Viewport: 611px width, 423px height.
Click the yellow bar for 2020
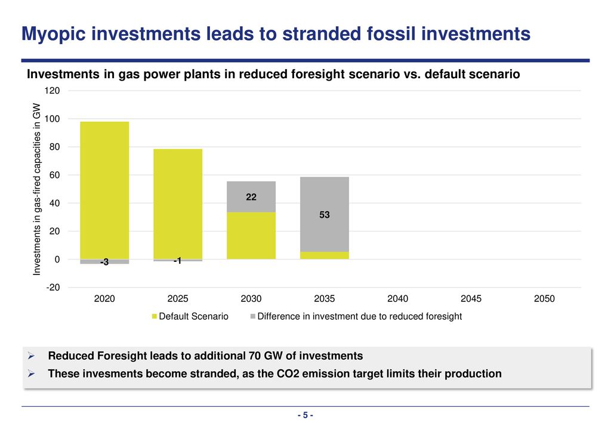click(104, 190)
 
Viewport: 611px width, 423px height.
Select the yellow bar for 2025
click(178, 204)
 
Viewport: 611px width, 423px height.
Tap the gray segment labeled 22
click(251, 197)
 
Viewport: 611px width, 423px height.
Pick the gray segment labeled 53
click(325, 215)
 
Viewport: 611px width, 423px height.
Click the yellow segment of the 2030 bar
click(251, 236)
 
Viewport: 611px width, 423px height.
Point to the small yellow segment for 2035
click(325, 255)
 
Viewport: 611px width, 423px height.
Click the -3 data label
click(104, 262)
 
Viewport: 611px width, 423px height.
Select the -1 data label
click(178, 261)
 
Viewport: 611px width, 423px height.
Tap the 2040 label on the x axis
click(398, 299)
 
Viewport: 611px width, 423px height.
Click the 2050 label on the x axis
click(544, 299)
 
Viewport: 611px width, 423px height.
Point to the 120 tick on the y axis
click(53, 91)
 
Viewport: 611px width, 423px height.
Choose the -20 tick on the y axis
click(53, 288)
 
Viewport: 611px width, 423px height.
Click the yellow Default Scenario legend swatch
click(155, 316)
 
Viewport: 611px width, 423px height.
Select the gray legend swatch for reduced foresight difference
click(253, 316)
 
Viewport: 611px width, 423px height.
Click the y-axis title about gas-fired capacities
click(36, 189)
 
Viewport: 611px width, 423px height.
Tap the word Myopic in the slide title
click(53, 34)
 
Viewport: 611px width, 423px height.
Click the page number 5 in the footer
click(305, 415)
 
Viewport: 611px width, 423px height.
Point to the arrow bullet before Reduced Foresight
click(31, 356)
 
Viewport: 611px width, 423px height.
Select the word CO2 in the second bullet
click(288, 373)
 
